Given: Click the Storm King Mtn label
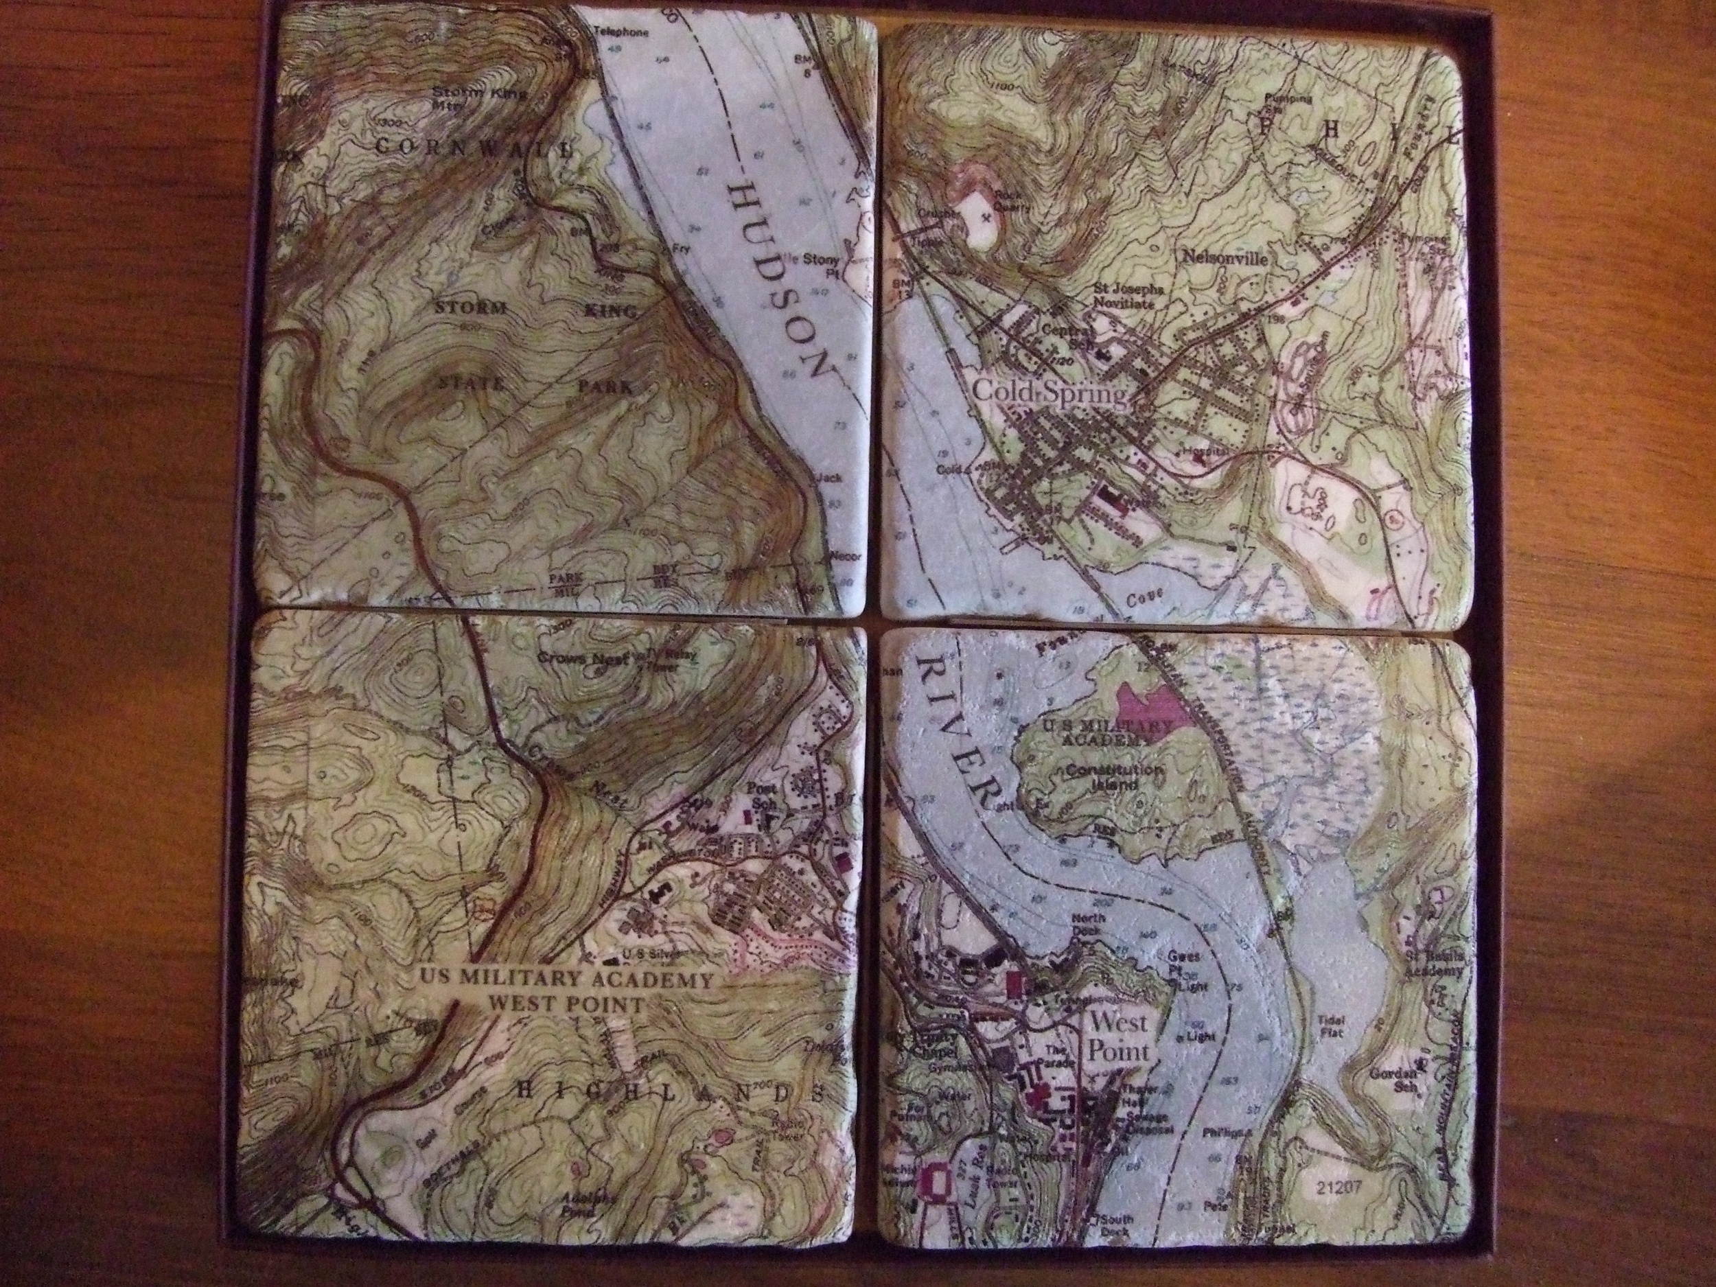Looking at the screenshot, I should point(478,100).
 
